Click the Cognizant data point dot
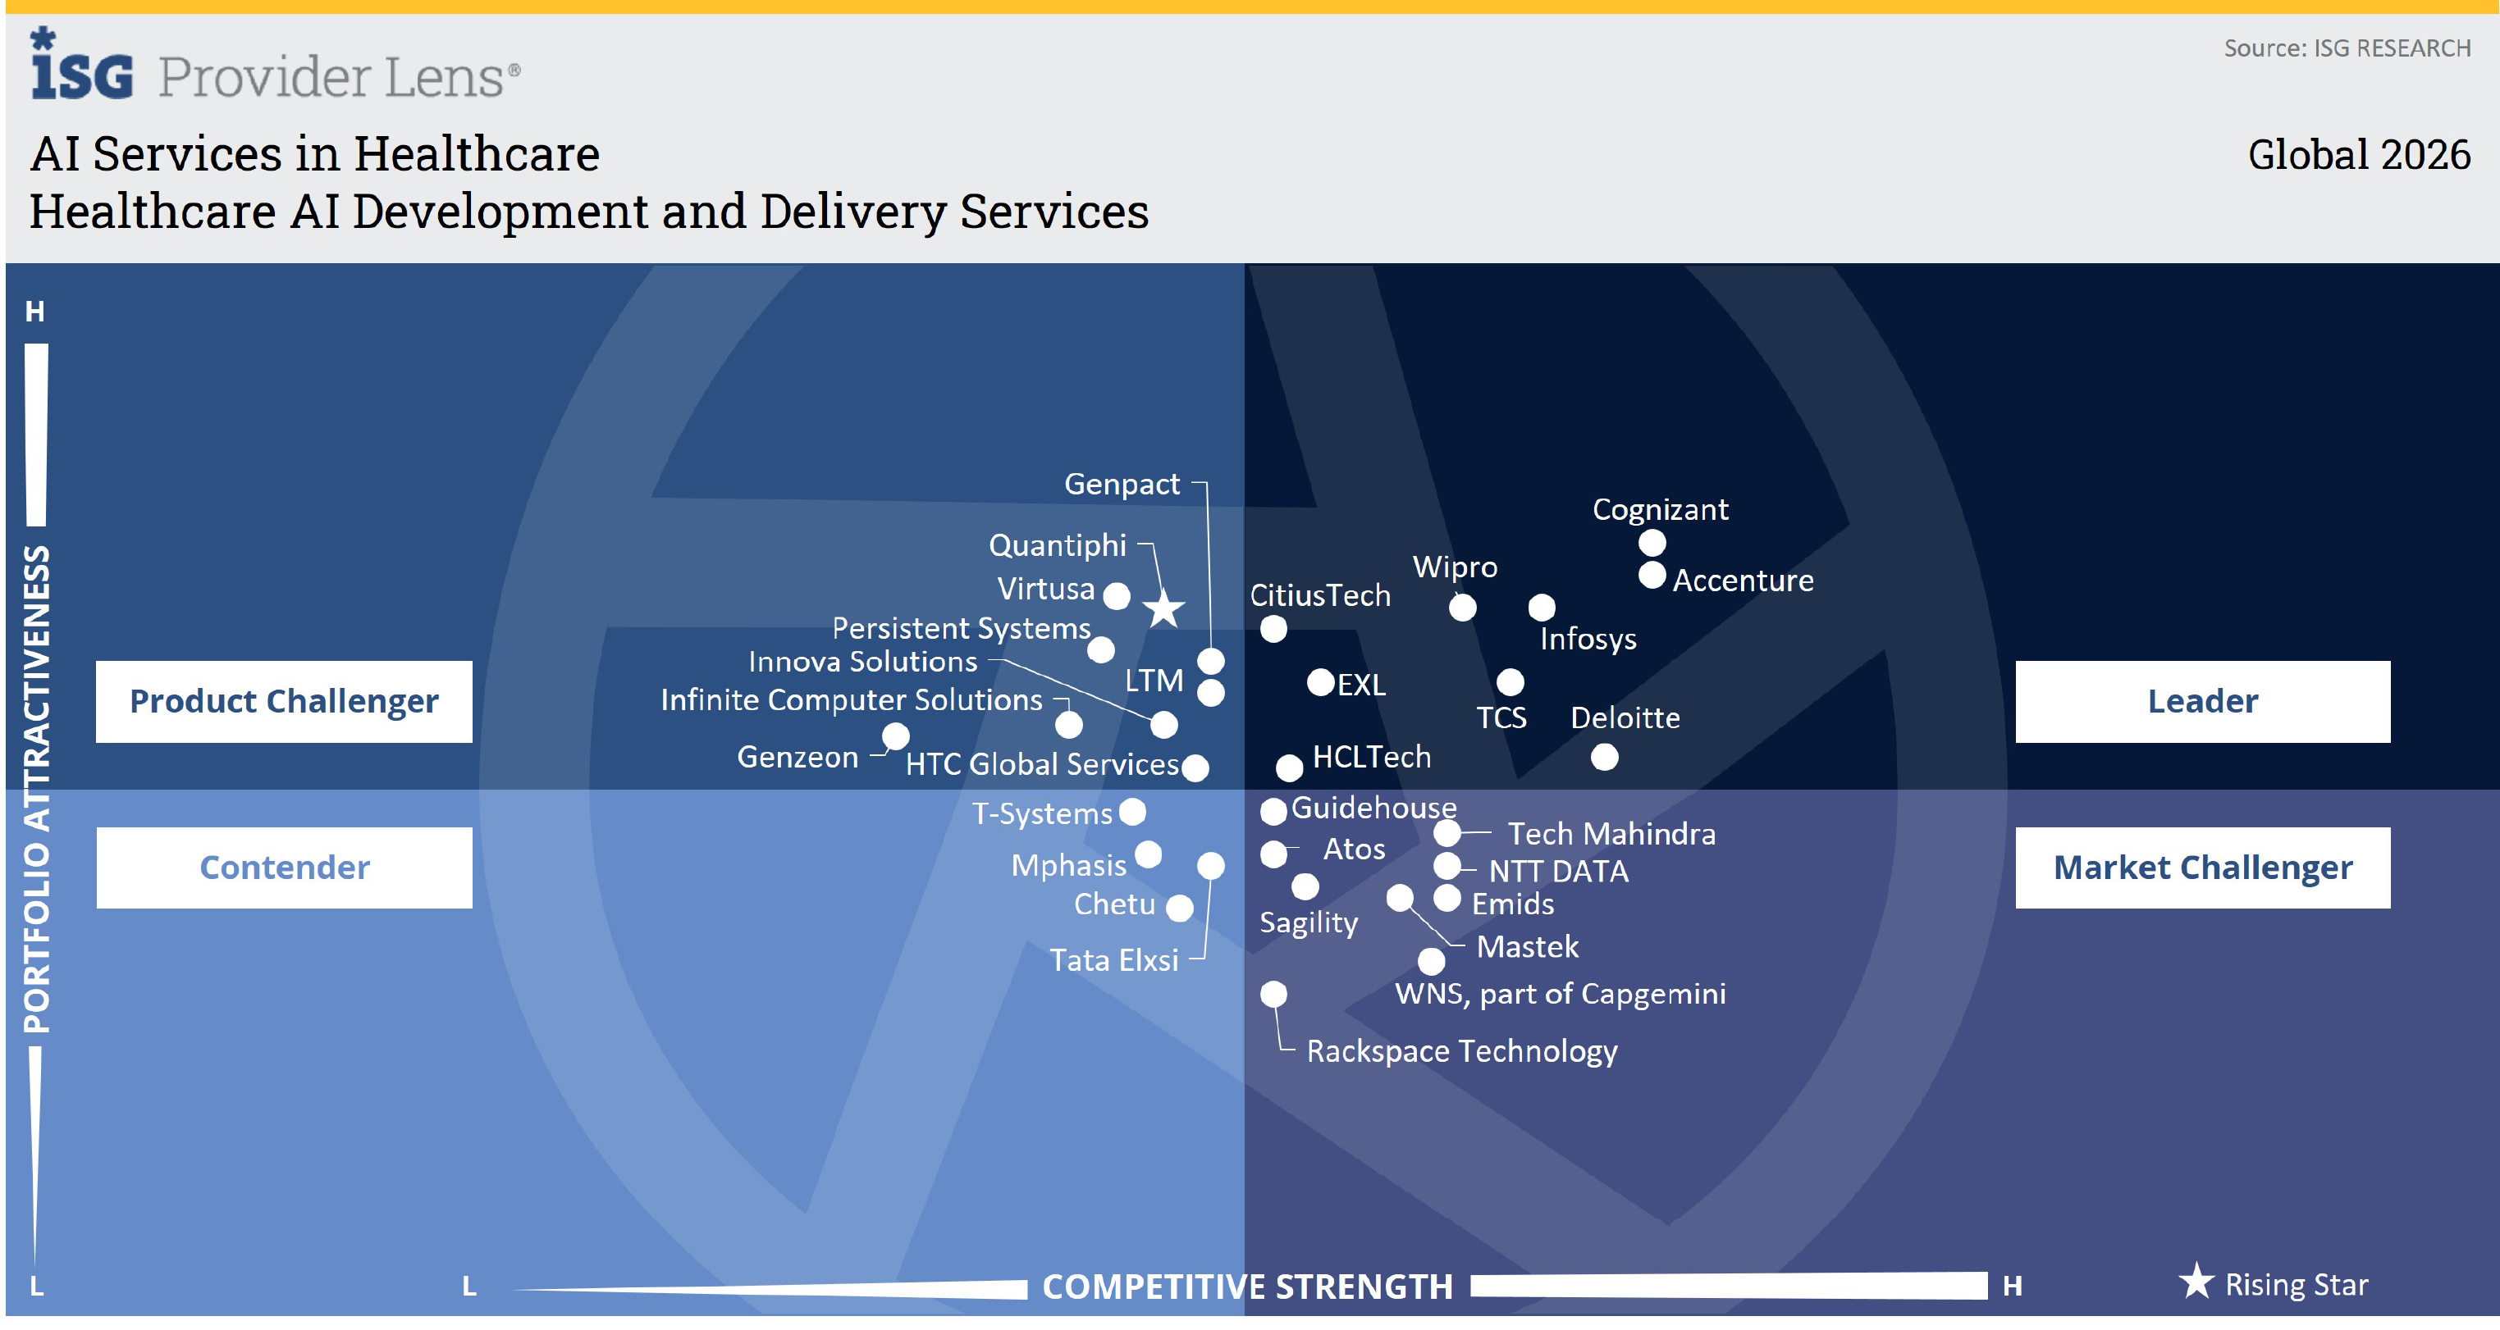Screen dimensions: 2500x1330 coord(1652,542)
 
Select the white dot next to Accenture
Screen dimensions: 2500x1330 coord(1652,576)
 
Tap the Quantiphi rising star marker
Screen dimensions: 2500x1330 coord(1163,609)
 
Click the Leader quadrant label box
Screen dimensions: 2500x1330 coord(2202,701)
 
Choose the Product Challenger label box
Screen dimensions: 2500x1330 coord(285,701)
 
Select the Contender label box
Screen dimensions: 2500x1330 coord(285,868)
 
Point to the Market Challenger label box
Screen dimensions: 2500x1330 coord(2202,868)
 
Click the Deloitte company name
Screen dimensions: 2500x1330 coord(1625,717)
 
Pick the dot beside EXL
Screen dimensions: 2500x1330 coord(1320,682)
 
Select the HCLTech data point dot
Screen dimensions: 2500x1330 coord(1289,768)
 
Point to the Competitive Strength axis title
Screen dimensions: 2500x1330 coord(1247,1287)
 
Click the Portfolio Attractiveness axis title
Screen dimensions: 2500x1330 coord(37,789)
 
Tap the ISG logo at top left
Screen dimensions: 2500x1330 coord(81,64)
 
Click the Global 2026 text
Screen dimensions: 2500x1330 coord(2359,155)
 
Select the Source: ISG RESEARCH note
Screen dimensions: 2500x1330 coord(2347,48)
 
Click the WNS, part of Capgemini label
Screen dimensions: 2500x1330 coord(1561,995)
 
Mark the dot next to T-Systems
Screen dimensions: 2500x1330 coord(1131,811)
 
